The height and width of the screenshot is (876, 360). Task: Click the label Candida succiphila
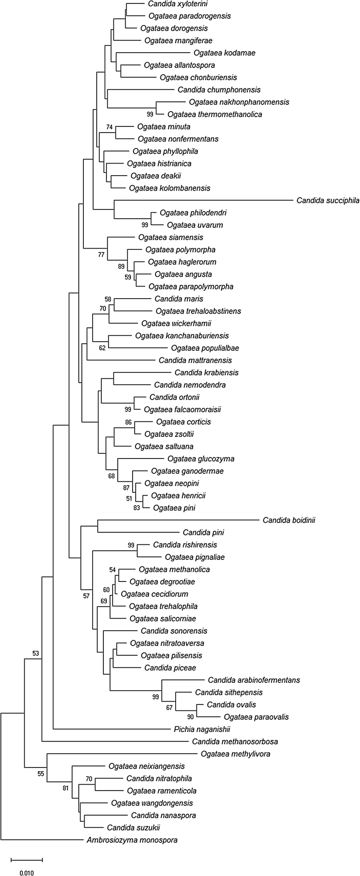[x=327, y=201]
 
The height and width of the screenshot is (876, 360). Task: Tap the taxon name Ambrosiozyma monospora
[x=132, y=840]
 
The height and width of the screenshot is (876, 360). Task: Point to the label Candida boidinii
[x=289, y=520]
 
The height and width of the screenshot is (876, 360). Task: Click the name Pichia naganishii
[x=202, y=730]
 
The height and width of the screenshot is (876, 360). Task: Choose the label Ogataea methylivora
[x=235, y=754]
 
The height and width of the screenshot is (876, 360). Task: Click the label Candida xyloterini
[x=178, y=4]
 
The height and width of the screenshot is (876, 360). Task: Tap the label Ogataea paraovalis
[x=256, y=717]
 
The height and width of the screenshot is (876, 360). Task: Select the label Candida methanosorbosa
[x=235, y=742]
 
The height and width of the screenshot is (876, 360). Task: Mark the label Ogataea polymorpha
[x=180, y=250]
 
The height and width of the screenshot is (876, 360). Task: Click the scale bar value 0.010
[x=26, y=872]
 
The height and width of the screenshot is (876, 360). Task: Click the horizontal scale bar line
[x=27, y=860]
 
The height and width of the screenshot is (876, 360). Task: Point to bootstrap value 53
[x=36, y=653]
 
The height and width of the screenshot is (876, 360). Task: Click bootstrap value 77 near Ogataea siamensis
[x=101, y=254]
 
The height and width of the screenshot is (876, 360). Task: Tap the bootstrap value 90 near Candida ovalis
[x=190, y=717]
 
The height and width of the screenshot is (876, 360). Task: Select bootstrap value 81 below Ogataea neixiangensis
[x=65, y=788]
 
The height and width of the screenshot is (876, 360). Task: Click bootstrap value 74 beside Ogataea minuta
[x=109, y=127]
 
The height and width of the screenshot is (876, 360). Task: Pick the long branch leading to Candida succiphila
[x=204, y=200]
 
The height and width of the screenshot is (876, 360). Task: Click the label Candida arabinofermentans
[x=254, y=680]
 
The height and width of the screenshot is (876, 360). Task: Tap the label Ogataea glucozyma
[x=201, y=459]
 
